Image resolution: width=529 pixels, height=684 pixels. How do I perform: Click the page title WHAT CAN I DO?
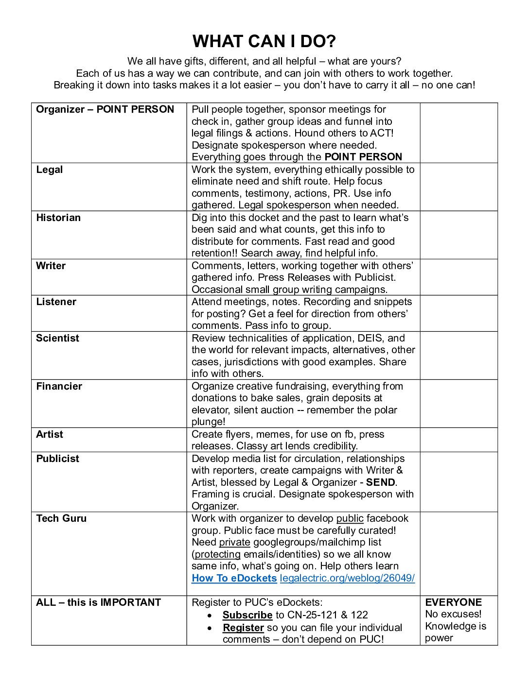[264, 41]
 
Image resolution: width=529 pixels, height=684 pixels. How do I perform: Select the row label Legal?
[49, 170]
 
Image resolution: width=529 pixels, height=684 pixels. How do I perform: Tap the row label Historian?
[58, 218]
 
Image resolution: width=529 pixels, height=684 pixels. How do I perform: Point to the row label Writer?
[51, 266]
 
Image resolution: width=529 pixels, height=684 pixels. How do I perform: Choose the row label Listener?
[56, 302]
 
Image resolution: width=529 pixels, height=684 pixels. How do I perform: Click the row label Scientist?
[57, 338]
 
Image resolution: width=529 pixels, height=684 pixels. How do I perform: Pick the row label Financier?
[59, 386]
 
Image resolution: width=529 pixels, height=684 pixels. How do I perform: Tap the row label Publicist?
[57, 459]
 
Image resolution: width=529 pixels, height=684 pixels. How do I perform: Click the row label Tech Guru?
[61, 518]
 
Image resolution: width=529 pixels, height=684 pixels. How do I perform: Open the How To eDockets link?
[234, 578]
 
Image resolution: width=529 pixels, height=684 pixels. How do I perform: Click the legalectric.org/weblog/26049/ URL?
[347, 578]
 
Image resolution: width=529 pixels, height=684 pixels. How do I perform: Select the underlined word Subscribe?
[247, 615]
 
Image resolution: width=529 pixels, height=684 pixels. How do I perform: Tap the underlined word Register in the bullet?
[243, 628]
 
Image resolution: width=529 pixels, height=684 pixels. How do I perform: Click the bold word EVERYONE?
[453, 602]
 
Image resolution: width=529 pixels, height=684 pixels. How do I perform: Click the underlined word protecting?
[217, 554]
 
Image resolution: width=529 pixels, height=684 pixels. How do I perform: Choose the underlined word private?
[234, 542]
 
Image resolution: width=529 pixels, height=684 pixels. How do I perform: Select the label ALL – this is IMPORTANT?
[98, 602]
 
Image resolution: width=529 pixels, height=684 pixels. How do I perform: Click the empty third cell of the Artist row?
[458, 440]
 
